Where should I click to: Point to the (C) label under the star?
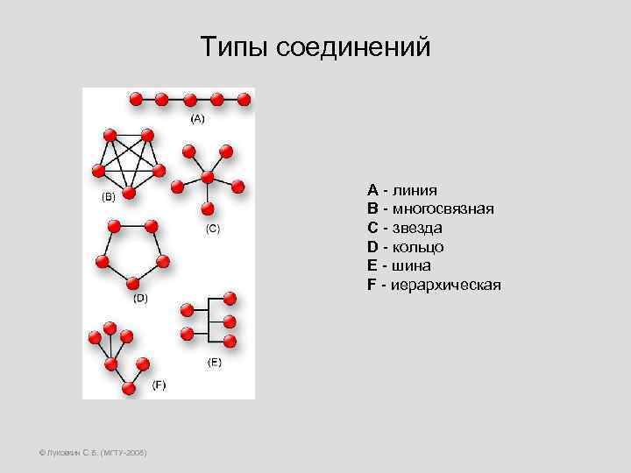pos(212,229)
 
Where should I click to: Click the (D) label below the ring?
pos(140,298)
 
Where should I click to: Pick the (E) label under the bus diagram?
pos(214,361)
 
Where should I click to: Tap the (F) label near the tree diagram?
pos(159,385)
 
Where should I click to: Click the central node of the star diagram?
pos(207,178)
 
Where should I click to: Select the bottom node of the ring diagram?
pos(132,283)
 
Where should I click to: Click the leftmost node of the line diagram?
pos(136,99)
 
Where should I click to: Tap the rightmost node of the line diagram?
pos(244,99)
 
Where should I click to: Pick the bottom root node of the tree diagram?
pos(129,388)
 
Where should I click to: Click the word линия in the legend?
pos(415,189)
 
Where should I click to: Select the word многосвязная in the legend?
pos(443,208)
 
